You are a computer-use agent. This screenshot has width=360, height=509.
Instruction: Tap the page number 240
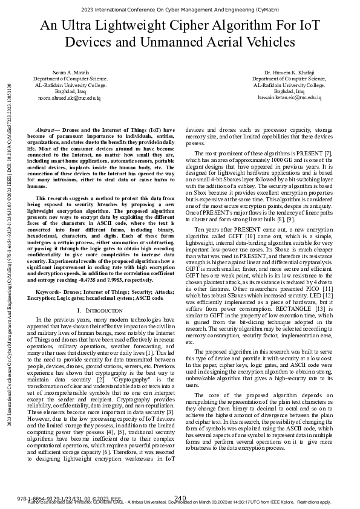(180, 497)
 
